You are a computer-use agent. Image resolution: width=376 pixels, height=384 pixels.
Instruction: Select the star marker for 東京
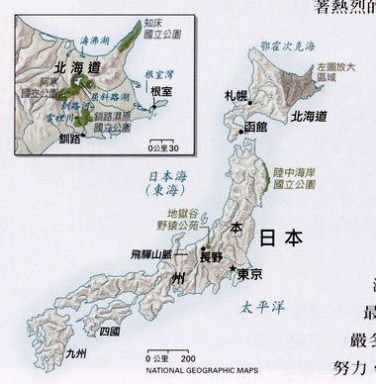[x=232, y=270]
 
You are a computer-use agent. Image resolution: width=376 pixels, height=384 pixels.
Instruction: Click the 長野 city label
[x=212, y=256]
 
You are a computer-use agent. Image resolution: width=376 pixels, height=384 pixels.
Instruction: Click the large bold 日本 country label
[x=281, y=238]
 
